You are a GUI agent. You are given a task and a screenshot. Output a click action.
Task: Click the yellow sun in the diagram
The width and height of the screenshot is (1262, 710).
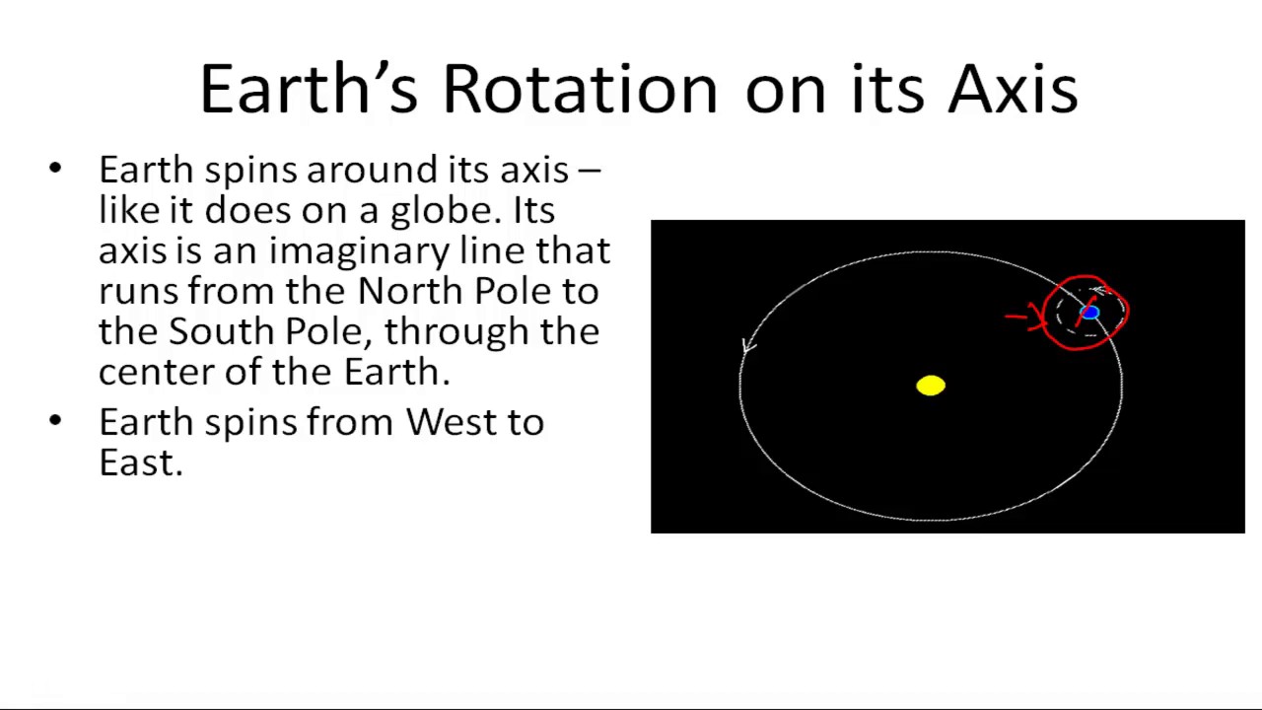point(931,386)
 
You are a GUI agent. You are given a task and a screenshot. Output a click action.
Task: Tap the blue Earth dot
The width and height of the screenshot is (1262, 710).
point(1089,313)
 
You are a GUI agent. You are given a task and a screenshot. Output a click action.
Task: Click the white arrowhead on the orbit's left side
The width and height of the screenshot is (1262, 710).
point(748,345)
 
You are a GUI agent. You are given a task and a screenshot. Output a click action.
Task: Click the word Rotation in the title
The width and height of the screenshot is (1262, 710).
point(580,90)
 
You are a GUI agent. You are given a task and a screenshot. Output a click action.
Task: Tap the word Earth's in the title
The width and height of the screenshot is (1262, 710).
point(309,90)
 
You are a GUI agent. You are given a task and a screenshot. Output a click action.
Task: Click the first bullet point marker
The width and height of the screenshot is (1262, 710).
point(55,170)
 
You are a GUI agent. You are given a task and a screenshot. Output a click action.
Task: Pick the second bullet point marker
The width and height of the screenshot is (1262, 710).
point(55,422)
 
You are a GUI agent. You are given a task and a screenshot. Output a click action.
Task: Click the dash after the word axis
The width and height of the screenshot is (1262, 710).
point(589,171)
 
